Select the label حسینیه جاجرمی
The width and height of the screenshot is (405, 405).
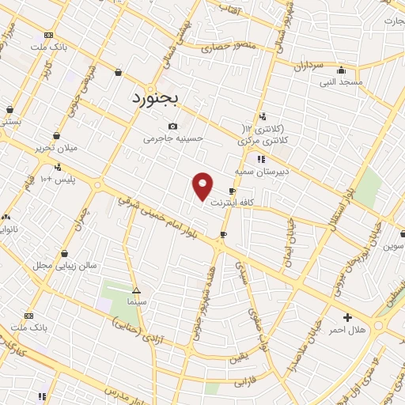tap(173, 138)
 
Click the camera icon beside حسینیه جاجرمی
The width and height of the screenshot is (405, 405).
tap(173, 127)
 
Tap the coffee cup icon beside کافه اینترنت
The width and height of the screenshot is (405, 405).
tap(232, 191)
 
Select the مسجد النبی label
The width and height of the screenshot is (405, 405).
tap(341, 81)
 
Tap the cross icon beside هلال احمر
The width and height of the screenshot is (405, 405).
tap(347, 317)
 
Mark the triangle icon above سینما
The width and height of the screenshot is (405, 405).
tap(136, 290)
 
